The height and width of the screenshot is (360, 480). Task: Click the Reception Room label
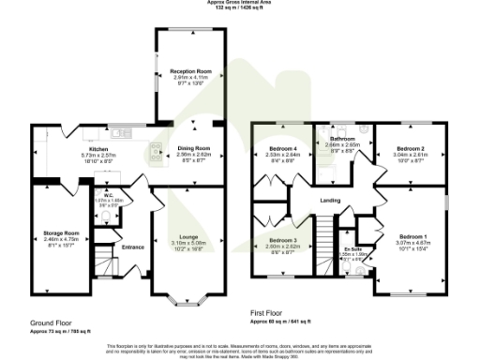click(x=187, y=71)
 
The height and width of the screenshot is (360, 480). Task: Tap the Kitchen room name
click(x=99, y=149)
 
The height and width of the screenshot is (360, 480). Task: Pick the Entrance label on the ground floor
click(x=133, y=247)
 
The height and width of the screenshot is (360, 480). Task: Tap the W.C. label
click(x=111, y=195)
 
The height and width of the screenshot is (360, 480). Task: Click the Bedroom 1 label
click(x=412, y=235)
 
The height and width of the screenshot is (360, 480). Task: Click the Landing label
click(x=329, y=201)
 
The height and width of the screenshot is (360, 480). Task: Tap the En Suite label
click(x=352, y=247)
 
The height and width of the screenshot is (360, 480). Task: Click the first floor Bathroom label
click(x=342, y=139)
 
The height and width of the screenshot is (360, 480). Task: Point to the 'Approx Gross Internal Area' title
click(x=240, y=3)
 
